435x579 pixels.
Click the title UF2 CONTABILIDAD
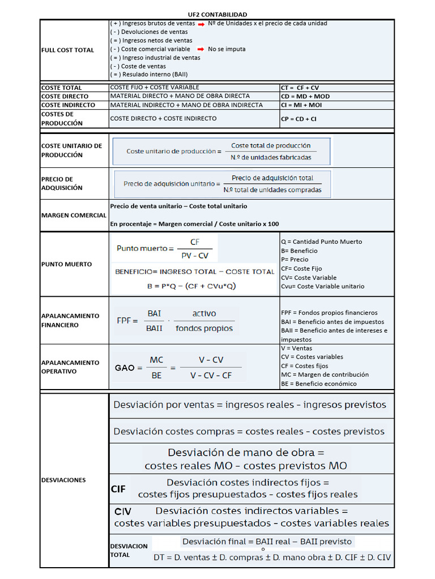pos(217,14)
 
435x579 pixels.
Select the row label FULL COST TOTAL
pos(67,50)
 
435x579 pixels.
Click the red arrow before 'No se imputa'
pos(201,49)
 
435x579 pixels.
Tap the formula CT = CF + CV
pos(300,88)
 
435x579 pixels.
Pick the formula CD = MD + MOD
pos(305,97)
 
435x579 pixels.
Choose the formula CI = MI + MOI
pos(301,105)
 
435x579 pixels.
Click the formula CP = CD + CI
pos(298,119)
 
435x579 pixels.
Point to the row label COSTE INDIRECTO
pos(65,105)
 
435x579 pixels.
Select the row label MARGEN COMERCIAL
pos(74,215)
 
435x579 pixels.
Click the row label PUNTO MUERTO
pos(66,264)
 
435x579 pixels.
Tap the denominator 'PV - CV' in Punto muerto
pos(194,256)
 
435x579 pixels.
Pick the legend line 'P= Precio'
pos(295,260)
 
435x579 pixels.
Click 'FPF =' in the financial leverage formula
pos(127,321)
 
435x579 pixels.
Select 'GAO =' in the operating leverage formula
pos(129,368)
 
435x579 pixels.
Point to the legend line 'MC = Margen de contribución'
pos(325,374)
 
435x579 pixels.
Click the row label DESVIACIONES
pos(63,480)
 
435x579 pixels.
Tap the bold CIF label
pos(118,489)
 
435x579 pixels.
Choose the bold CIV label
pos(122,512)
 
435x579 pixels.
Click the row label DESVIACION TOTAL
pos(129,550)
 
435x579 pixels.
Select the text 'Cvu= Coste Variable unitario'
pos(322,286)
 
